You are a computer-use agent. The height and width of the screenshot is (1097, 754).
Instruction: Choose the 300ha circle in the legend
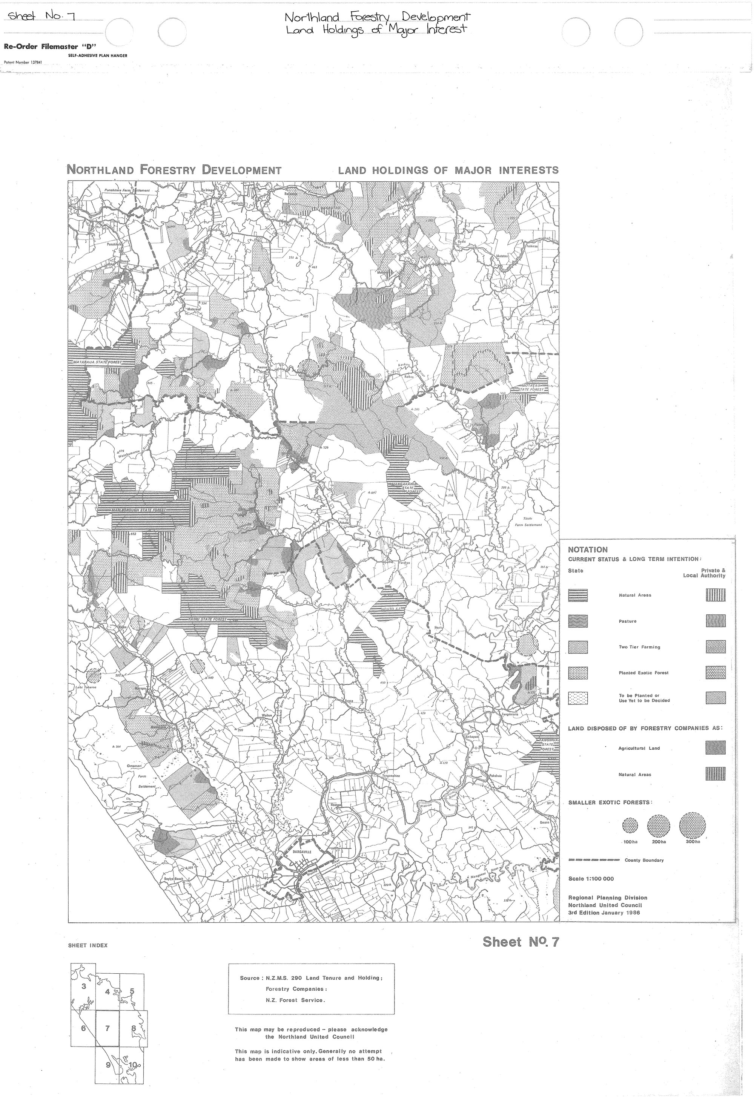[x=692, y=826]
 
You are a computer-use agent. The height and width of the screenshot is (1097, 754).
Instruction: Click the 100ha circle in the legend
[x=630, y=826]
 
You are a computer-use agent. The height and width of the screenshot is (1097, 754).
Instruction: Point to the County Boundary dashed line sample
[x=593, y=860]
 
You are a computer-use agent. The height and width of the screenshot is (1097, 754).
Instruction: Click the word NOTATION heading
[x=588, y=550]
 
